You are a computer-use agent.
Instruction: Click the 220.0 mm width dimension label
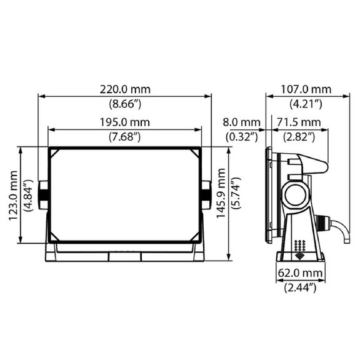(x=125, y=89)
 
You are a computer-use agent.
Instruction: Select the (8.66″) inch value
(x=125, y=104)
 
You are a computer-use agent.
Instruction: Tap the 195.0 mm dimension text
(x=124, y=122)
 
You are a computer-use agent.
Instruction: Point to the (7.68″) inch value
(x=124, y=137)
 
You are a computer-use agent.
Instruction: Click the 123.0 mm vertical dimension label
(x=13, y=196)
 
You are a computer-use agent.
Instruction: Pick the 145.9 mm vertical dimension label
(x=221, y=193)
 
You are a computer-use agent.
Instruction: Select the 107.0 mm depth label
(x=306, y=89)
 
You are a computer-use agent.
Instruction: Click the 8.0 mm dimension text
(x=241, y=122)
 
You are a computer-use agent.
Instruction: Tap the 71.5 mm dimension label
(x=299, y=122)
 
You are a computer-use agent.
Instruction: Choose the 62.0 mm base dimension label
(x=300, y=273)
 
